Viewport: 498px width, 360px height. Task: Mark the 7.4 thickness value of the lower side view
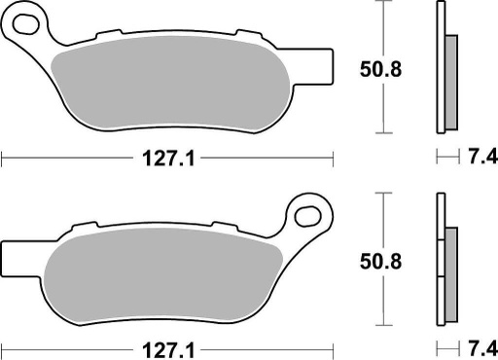click(479, 347)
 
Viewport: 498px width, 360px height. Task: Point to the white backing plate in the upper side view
click(441, 68)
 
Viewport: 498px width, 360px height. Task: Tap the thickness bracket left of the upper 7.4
click(445, 156)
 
